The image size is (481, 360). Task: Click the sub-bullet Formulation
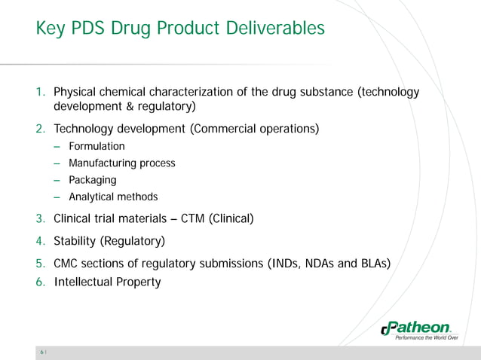[97, 146]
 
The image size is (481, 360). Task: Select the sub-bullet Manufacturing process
[121, 163]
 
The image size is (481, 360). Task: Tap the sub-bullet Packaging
[92, 180]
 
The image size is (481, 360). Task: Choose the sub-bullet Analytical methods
[113, 197]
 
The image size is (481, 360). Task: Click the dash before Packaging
[57, 180]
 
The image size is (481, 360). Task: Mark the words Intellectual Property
[107, 282]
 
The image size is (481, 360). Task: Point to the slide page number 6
[42, 352]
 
